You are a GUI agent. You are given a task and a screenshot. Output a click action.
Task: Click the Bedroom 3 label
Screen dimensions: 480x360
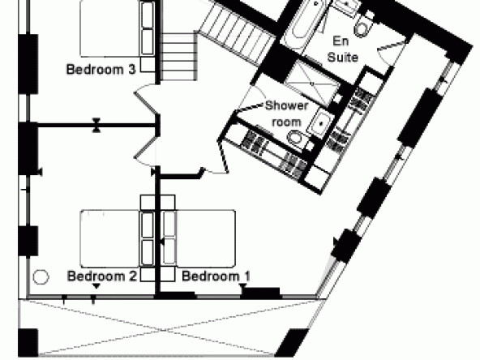101,69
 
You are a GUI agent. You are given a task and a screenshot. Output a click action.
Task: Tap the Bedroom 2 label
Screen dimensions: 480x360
101,276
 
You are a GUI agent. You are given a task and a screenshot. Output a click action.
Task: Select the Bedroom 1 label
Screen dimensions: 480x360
216,276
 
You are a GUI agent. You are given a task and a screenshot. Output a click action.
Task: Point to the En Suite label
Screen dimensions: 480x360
342,49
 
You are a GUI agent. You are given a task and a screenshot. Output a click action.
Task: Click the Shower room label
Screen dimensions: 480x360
286,114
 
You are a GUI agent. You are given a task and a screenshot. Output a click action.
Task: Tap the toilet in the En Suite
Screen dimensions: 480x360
363,26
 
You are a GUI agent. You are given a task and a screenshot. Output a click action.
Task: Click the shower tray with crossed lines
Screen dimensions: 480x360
312,84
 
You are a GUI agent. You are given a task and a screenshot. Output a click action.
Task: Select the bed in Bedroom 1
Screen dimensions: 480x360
199,238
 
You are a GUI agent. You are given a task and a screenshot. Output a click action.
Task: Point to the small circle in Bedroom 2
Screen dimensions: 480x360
41,277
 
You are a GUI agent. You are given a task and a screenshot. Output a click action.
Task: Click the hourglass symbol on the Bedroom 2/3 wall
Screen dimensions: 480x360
96,125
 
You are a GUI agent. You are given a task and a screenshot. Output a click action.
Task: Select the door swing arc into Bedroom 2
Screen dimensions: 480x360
144,163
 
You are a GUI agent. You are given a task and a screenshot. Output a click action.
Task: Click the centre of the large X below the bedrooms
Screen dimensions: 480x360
163,330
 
